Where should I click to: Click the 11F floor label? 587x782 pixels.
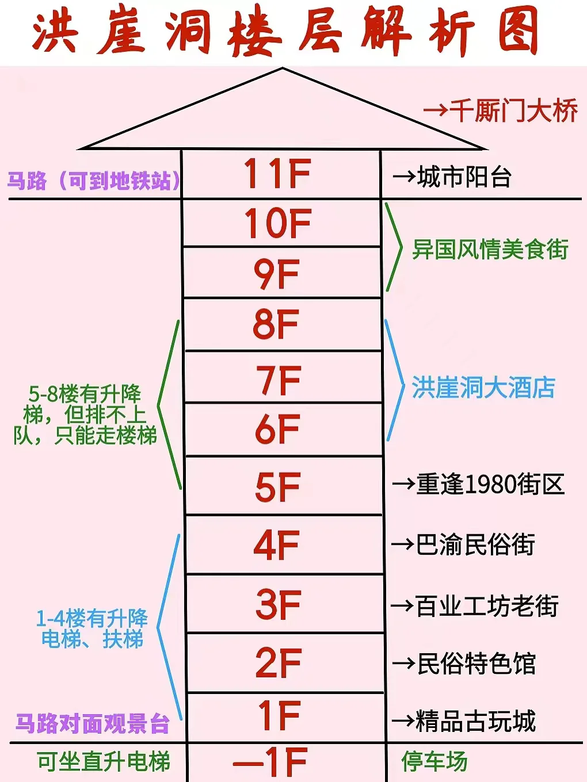pos(277,174)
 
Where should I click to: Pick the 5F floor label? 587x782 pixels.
pos(277,487)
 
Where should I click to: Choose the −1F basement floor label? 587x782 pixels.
pos(270,762)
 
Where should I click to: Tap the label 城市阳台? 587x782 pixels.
pos(464,177)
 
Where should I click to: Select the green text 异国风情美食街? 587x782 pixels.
pos(490,250)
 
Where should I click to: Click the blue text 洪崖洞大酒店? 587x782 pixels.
pos(483,388)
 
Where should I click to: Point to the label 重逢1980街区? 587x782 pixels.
pos(490,484)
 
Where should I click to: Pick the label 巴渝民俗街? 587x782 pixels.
pos(475,545)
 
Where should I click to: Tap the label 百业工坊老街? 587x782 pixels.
pos(487,606)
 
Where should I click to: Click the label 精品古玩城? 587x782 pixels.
pos(475,721)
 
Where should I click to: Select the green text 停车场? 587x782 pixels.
pos(434,761)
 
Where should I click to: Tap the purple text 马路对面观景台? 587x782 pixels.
pos(92,723)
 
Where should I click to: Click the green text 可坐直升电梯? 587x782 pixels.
pos(104,761)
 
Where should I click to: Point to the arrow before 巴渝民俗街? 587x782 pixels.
pos(403,545)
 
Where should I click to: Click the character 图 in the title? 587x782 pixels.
pos(519,32)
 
